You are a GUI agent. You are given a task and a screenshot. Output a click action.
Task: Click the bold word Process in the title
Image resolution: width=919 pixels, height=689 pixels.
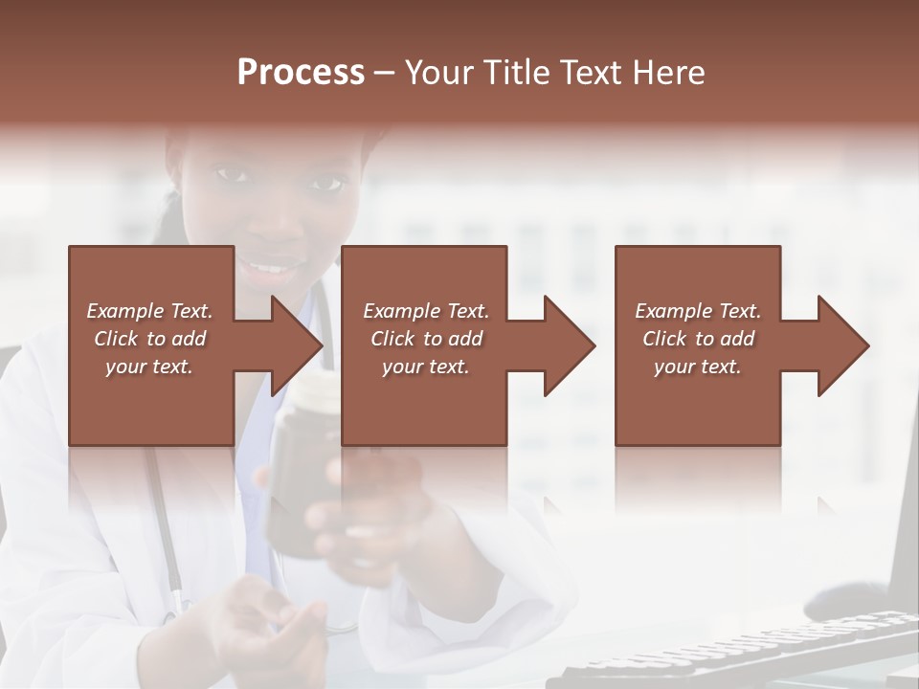click(x=301, y=72)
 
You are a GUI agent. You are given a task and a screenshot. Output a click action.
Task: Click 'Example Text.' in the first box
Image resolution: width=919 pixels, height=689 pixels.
click(x=149, y=311)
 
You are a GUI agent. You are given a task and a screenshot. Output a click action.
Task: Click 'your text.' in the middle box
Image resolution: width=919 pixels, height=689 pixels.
click(x=425, y=367)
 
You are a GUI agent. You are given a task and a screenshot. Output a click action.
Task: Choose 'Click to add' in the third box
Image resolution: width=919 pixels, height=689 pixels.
click(x=698, y=339)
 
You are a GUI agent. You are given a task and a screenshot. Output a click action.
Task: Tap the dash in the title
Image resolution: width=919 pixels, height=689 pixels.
click(x=385, y=73)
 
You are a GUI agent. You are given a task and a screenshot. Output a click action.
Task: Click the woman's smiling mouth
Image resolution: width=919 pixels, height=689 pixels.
click(x=278, y=266)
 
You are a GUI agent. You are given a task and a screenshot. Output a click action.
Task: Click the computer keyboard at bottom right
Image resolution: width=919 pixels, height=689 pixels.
click(x=737, y=656)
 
